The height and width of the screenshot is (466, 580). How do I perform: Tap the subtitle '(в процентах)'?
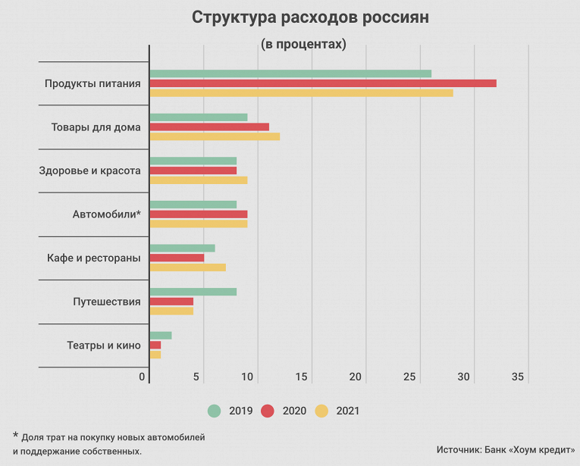(x=303, y=45)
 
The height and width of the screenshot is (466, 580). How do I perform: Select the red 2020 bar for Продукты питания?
(x=322, y=83)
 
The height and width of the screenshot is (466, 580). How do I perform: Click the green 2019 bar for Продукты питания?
(x=290, y=73)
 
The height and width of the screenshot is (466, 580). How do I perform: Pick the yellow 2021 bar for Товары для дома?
(x=215, y=136)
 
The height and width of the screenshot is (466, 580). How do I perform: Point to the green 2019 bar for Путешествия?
(x=193, y=292)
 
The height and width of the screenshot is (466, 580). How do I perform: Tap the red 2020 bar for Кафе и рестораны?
(x=177, y=258)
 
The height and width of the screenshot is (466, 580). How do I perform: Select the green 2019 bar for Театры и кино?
(x=161, y=336)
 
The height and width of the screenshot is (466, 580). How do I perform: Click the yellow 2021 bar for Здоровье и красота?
(x=199, y=180)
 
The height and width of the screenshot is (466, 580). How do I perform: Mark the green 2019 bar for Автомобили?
(x=193, y=205)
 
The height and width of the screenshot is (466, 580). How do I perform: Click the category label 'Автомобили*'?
(x=107, y=214)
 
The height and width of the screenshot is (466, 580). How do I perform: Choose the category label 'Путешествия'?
(x=107, y=302)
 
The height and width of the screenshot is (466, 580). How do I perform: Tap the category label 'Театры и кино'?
(x=104, y=346)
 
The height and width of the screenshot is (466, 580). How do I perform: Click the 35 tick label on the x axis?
(x=519, y=377)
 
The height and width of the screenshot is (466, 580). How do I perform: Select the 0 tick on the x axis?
(x=143, y=377)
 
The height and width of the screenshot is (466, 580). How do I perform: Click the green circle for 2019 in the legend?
(x=215, y=411)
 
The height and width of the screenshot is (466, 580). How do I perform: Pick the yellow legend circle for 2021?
(x=321, y=411)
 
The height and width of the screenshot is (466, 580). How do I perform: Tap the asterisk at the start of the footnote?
(x=14, y=436)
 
